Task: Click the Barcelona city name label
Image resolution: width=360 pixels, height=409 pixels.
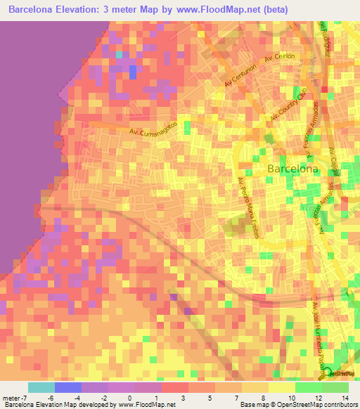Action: (x=293, y=169)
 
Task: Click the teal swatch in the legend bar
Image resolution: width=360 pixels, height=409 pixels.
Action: (x=41, y=387)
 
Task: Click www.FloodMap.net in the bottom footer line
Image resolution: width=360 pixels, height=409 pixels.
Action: (x=146, y=405)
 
